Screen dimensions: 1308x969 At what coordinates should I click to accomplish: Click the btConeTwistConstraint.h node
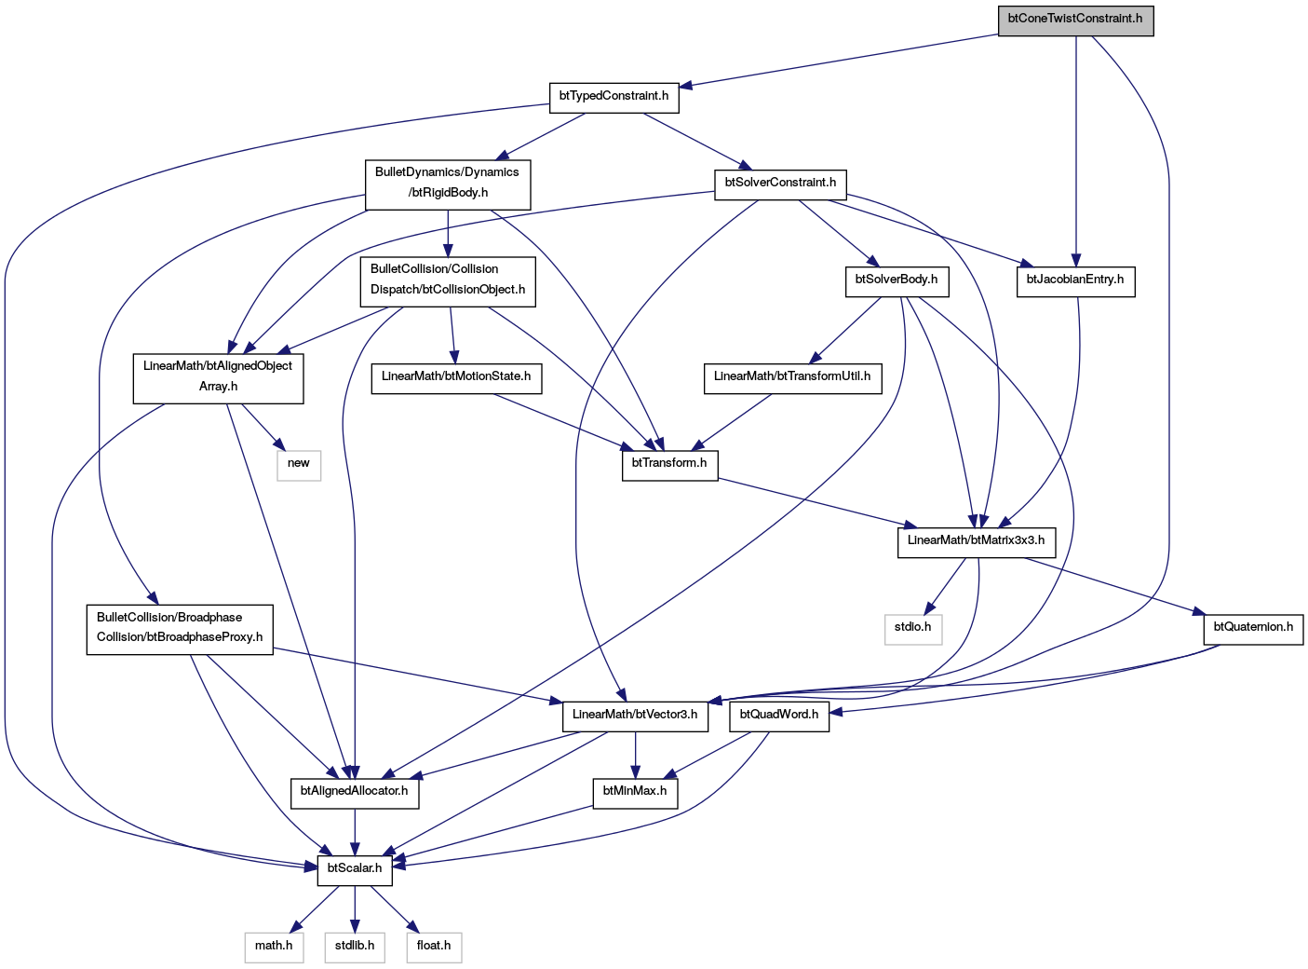[x=1075, y=20]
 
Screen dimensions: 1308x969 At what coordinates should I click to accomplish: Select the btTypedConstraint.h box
[x=614, y=98]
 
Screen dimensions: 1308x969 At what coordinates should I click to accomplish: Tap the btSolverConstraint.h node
[x=780, y=184]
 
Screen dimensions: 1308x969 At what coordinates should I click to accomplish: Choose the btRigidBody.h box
[x=448, y=184]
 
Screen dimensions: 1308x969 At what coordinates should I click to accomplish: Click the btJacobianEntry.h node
[x=1075, y=281]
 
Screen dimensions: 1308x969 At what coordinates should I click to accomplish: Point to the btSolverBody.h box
[x=897, y=281]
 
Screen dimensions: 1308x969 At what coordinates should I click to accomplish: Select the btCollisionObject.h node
[x=448, y=281]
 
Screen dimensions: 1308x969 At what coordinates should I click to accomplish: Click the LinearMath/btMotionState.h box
[x=456, y=378]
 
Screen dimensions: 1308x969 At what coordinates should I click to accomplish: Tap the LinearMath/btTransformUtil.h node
[x=792, y=378]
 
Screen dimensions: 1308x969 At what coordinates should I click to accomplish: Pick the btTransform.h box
[x=670, y=465]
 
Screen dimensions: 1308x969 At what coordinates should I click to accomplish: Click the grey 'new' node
[x=299, y=465]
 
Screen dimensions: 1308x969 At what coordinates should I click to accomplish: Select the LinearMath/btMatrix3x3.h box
[x=977, y=542]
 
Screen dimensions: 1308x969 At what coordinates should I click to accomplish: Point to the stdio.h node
[x=913, y=630]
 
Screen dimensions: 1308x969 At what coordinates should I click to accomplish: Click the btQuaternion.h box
[x=1253, y=630]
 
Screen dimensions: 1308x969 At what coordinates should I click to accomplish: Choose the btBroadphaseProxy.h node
[x=180, y=630]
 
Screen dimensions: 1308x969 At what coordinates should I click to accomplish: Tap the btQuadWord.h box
[x=779, y=717]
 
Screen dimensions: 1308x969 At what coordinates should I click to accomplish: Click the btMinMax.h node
[x=635, y=794]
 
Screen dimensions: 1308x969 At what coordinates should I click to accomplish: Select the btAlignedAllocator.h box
[x=355, y=794]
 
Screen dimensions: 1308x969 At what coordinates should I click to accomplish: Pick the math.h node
[x=275, y=948]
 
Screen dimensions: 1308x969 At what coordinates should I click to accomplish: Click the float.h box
[x=434, y=948]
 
